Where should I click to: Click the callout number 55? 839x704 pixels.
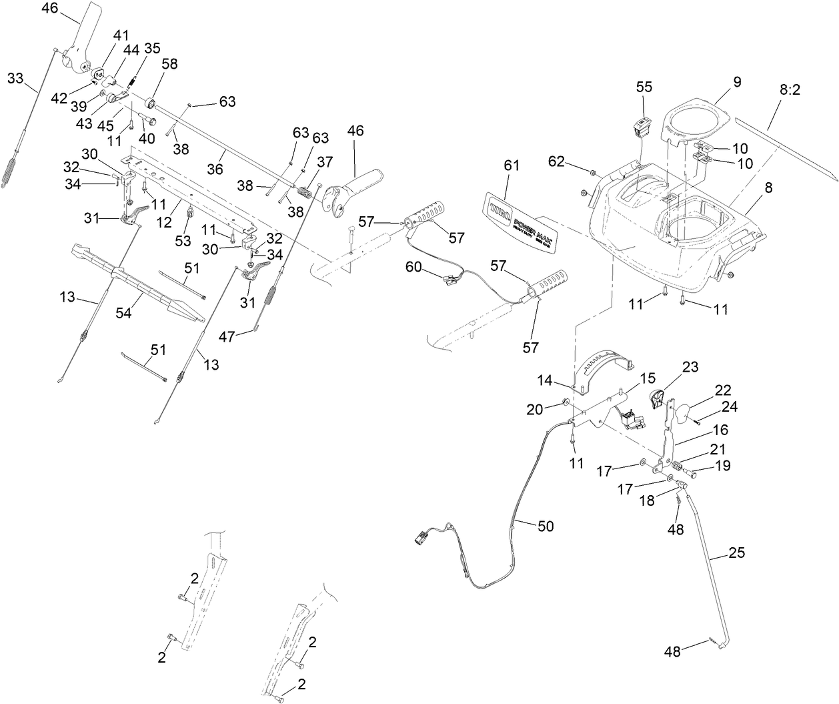(x=644, y=87)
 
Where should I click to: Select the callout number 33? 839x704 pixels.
(x=15, y=79)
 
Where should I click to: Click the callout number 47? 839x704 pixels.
(x=227, y=337)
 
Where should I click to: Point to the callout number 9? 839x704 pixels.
(x=736, y=82)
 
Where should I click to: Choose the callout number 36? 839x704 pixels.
(x=214, y=169)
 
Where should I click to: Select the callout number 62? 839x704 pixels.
(x=557, y=161)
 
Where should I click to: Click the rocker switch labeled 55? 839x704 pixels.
(x=642, y=127)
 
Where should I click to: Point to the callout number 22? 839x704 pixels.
(x=723, y=390)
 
